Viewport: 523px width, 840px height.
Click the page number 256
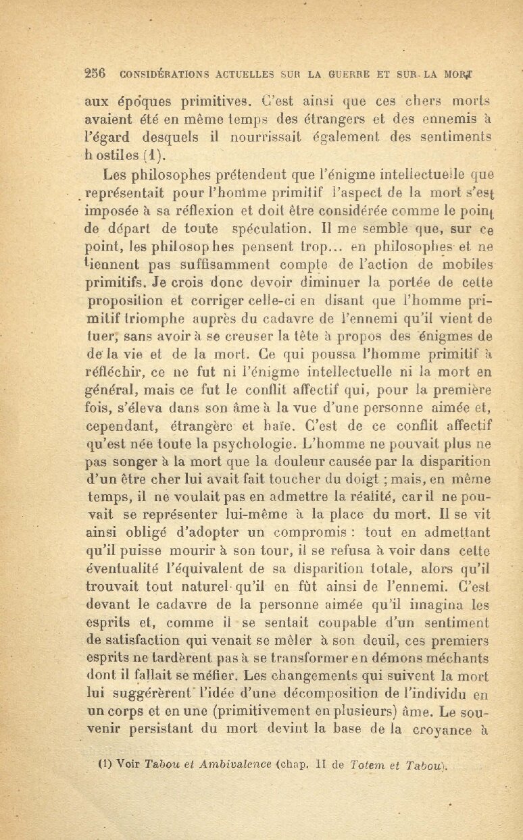(97, 74)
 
